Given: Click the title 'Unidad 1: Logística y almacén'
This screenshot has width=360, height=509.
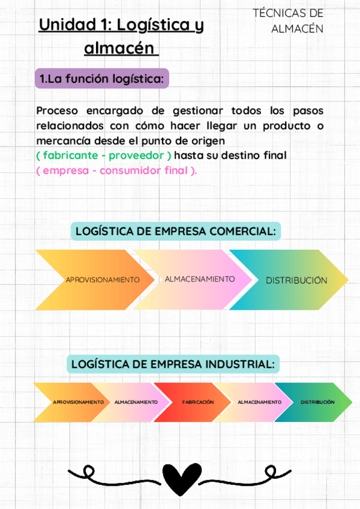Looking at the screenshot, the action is click(121, 36).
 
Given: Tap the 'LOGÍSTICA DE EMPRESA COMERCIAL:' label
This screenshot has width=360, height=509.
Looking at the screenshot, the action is click(176, 231).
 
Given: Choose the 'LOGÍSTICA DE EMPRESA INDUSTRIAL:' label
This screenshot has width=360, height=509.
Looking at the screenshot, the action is click(175, 364).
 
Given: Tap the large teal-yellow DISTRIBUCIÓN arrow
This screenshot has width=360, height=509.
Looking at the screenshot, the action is click(294, 280).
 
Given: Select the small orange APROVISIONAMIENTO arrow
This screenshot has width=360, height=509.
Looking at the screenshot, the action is click(72, 402).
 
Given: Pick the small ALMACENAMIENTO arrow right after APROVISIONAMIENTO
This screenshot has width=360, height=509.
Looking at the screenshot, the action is click(135, 402).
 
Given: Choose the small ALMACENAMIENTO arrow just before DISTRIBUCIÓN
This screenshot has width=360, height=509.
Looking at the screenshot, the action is click(258, 402).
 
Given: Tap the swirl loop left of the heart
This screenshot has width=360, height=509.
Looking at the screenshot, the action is click(90, 471).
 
